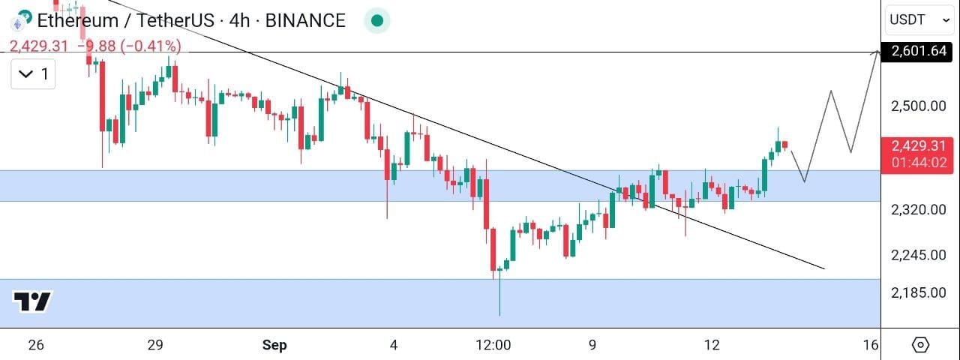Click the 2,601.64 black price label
(x=916, y=52)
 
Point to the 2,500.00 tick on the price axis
(x=919, y=106)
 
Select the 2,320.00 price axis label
(x=919, y=209)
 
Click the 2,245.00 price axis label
(x=919, y=255)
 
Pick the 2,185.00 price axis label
(x=919, y=292)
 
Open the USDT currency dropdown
(x=919, y=19)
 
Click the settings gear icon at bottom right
(x=920, y=344)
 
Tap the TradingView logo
(x=32, y=301)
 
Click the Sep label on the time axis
(x=274, y=345)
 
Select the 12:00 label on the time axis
(x=493, y=345)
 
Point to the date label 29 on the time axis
(x=155, y=345)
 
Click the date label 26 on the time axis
(x=36, y=345)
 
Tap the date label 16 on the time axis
(x=871, y=345)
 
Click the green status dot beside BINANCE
(x=377, y=20)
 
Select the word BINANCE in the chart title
(x=305, y=20)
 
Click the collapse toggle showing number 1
(x=33, y=74)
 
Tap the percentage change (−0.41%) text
(x=151, y=46)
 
